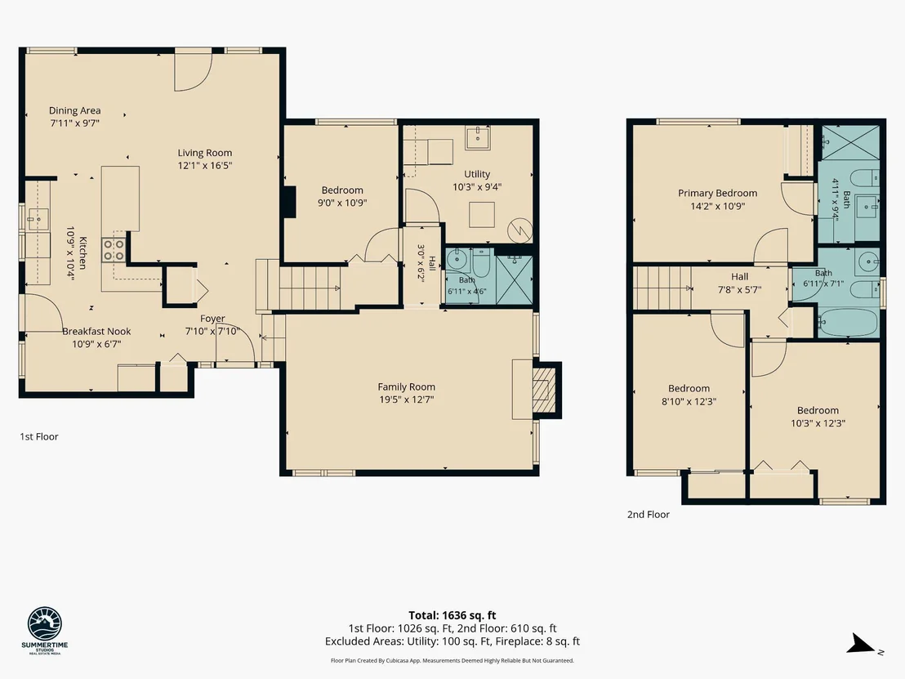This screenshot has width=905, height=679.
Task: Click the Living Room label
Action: coord(205,153)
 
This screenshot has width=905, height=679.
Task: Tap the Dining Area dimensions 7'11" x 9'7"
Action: coord(75,123)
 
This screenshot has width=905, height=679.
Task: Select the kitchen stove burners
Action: coord(114,250)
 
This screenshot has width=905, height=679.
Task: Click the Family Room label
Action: coord(406,386)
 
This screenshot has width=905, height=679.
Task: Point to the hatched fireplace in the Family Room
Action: coord(543,391)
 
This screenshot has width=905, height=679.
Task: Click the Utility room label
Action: coord(477,174)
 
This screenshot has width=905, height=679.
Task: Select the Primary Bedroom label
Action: coord(717,194)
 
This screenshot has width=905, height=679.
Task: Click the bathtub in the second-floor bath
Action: coord(847,323)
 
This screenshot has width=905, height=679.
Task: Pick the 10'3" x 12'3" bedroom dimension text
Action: coord(818,423)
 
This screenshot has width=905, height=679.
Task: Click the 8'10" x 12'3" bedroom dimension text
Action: coord(689,401)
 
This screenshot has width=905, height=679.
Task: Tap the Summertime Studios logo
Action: coord(44,631)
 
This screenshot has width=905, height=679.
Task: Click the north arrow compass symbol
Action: coord(862,644)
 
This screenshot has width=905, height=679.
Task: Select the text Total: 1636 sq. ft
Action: coord(452,615)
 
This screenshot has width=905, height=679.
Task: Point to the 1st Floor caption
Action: coord(39,436)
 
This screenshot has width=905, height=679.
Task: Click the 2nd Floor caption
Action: coord(649,515)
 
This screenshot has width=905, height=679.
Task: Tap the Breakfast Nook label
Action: coord(96,332)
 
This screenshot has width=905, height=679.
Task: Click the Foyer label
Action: coord(212,319)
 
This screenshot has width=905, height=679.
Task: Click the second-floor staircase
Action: coord(662,288)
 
